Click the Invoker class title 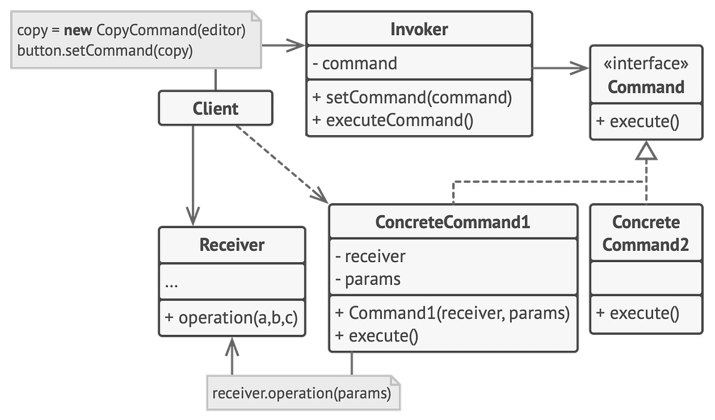[x=419, y=29]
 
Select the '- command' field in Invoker [x=355, y=63]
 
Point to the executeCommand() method [x=393, y=119]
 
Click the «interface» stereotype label [x=646, y=64]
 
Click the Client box [x=215, y=108]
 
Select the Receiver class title [x=232, y=244]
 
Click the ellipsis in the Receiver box [x=172, y=284]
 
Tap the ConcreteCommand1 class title [x=453, y=222]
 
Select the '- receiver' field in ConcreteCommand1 [x=370, y=256]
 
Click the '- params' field [x=368, y=278]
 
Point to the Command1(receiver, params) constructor [x=453, y=313]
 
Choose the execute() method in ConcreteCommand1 [x=377, y=335]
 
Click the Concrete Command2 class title [x=646, y=233]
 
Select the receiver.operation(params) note [x=301, y=393]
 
